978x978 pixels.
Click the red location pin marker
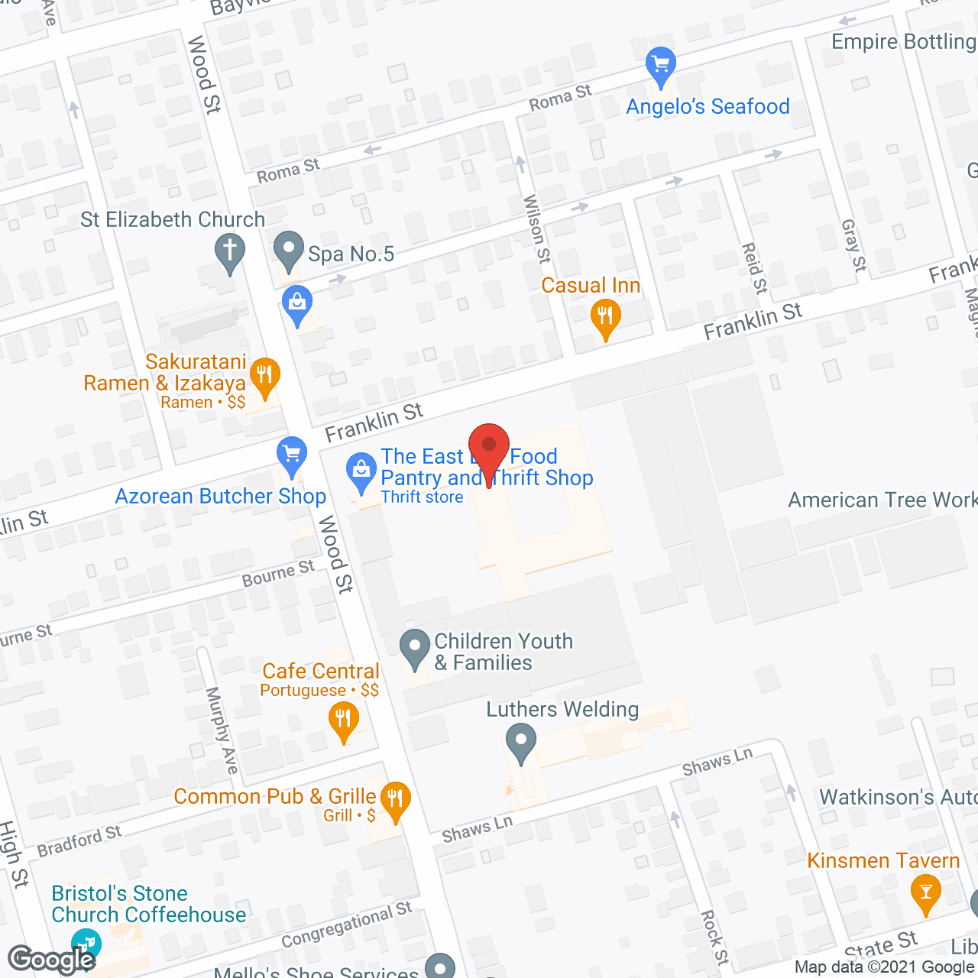coord(488,448)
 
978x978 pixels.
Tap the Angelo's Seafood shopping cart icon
coord(660,65)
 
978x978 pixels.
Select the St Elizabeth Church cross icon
coord(229,251)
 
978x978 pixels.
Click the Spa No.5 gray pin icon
coord(289,250)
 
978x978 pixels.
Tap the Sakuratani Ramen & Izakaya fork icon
coord(264,376)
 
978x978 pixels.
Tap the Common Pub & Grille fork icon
coord(395,800)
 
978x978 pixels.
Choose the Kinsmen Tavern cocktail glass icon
coord(926,892)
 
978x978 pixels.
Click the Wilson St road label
coord(536,228)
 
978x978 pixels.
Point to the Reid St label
coord(754,268)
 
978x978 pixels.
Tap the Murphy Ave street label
coord(222,730)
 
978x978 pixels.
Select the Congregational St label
coord(347,925)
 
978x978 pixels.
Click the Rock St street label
coord(714,937)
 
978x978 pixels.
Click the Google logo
coord(51,959)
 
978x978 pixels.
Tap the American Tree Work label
coord(882,500)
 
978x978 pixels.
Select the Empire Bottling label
coord(903,41)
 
